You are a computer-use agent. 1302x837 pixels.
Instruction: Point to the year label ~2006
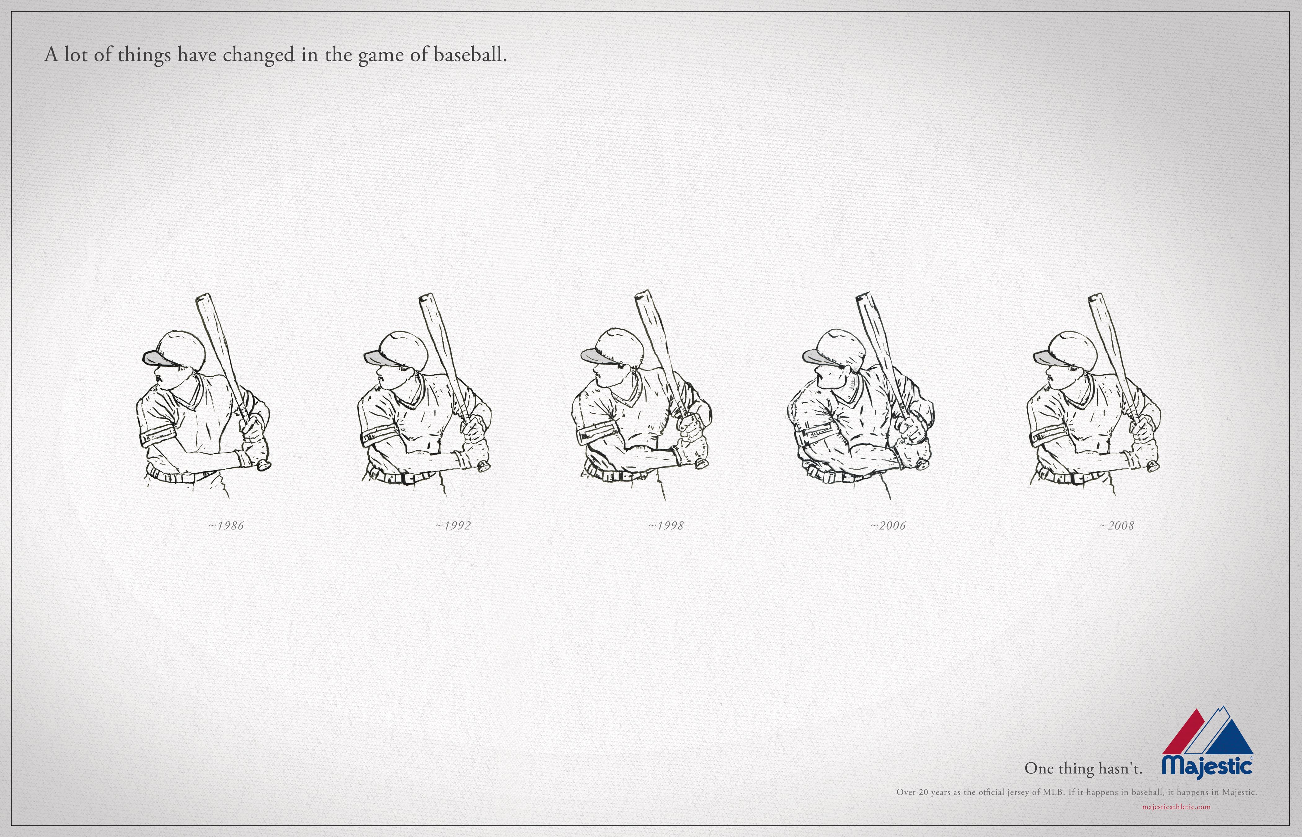(x=888, y=525)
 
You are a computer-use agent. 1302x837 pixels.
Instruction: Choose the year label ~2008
(x=1116, y=525)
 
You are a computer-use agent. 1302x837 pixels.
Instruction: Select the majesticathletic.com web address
(x=1176, y=807)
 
